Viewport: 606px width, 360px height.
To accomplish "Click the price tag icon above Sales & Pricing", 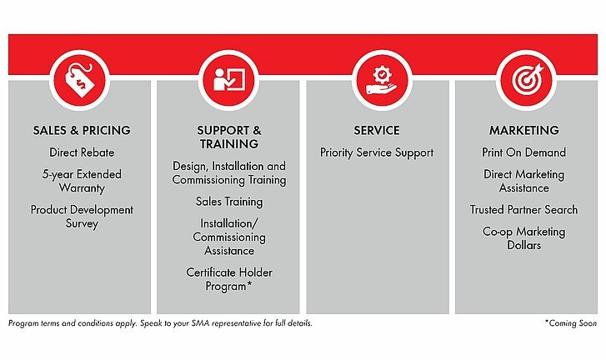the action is [x=81, y=80].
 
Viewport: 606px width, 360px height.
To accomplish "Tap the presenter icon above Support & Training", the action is [x=228, y=80].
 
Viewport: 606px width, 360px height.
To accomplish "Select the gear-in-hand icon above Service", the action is [x=382, y=80].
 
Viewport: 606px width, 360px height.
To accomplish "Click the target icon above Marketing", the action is [x=527, y=79].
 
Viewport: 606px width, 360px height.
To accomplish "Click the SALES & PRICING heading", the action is [x=82, y=130].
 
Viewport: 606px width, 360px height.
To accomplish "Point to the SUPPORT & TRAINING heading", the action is [x=228, y=137].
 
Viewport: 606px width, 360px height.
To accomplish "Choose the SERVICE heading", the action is [x=377, y=130].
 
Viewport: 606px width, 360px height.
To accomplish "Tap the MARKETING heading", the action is [x=524, y=130].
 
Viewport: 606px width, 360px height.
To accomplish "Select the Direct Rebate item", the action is [x=82, y=152].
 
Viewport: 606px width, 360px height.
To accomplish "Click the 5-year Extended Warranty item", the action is [x=82, y=181].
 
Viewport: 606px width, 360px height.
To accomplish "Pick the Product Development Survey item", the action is [x=82, y=217].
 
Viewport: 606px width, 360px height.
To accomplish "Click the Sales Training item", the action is [x=229, y=202].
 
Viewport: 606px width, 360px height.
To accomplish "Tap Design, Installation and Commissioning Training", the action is [x=229, y=173].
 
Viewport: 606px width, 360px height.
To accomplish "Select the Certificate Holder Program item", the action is [x=229, y=279].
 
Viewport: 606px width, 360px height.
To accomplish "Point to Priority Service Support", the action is [x=377, y=152].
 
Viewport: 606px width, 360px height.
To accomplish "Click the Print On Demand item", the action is [x=523, y=152].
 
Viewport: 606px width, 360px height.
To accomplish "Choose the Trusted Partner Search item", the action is [x=523, y=209].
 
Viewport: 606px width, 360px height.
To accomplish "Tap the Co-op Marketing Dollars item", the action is [x=523, y=238].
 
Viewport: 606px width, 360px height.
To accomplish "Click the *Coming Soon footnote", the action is [x=571, y=323].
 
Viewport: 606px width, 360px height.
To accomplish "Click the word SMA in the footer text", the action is [x=200, y=323].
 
